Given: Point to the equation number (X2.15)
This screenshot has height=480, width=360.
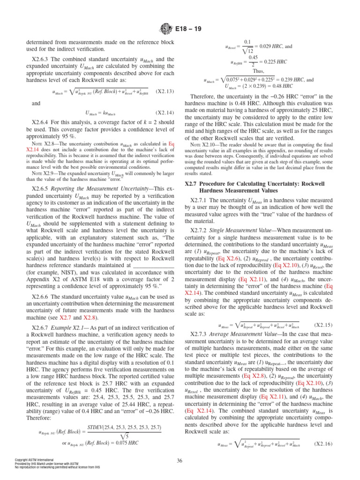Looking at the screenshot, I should click(x=323, y=311).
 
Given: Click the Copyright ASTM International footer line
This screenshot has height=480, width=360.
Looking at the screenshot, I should click(x=35, y=460).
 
